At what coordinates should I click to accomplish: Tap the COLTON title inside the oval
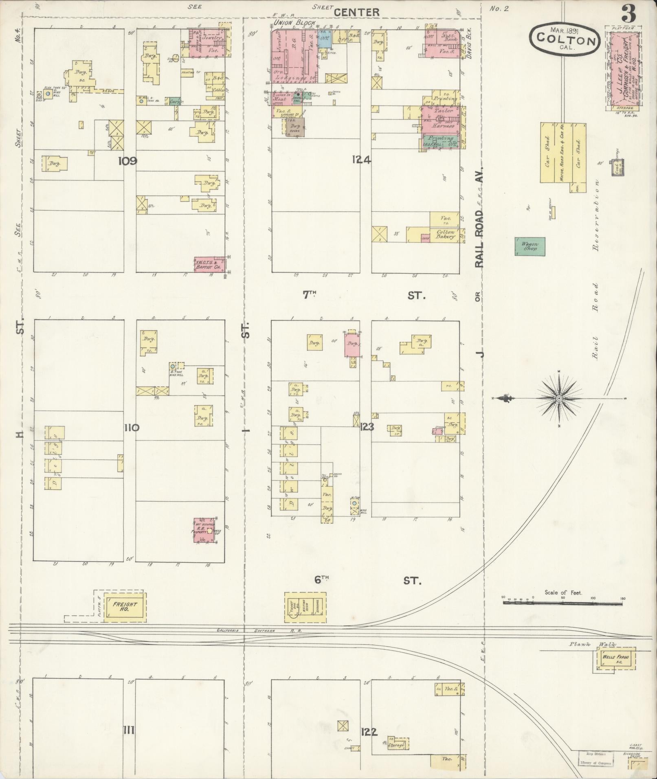[x=564, y=40]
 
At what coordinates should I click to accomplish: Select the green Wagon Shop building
[x=530, y=246]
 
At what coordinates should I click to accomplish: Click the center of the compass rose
[x=559, y=398]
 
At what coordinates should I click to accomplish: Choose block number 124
[x=362, y=160]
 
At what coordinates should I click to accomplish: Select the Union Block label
[x=294, y=23]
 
